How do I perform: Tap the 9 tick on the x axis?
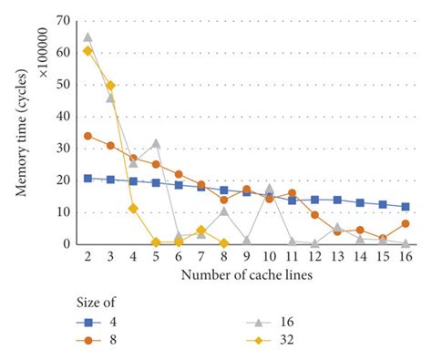tap(247, 258)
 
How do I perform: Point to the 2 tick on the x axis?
tap(87, 258)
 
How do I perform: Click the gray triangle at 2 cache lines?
tap(87, 37)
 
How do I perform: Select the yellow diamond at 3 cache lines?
tap(110, 86)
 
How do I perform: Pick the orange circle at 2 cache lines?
tap(87, 136)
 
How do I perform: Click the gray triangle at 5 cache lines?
tap(156, 143)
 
